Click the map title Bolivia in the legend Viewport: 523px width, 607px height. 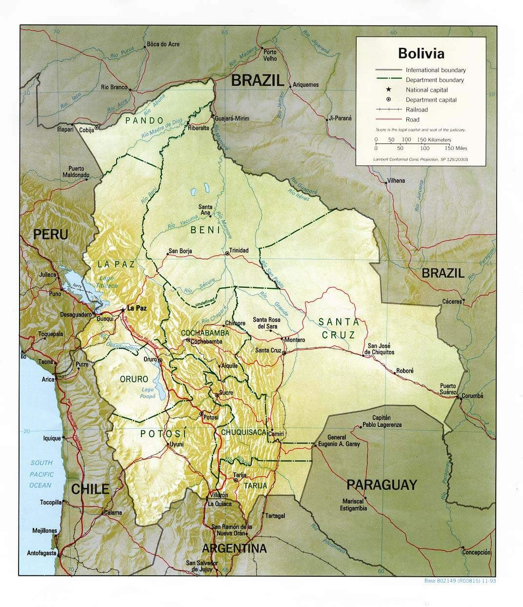pos(421,53)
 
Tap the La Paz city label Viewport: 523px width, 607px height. pos(137,308)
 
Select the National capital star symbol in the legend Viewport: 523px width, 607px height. pos(388,90)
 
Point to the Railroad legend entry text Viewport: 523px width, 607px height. pos(416,110)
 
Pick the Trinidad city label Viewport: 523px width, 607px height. pos(239,250)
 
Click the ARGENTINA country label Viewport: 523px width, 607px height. pos(234,548)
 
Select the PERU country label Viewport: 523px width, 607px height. pos(50,234)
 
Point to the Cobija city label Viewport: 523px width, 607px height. pos(86,130)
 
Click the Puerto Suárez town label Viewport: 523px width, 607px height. pos(448,388)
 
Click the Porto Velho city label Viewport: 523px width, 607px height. pos(270,55)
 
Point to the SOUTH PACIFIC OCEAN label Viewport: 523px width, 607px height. pos(40,474)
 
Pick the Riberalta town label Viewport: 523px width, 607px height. pos(199,128)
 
